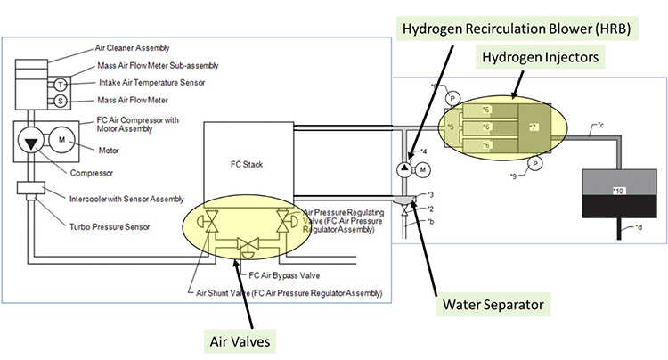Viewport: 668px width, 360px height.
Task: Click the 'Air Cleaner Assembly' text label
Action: click(131, 47)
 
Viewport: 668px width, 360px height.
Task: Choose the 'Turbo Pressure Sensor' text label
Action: click(110, 227)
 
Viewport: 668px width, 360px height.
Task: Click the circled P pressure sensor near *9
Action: click(536, 162)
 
